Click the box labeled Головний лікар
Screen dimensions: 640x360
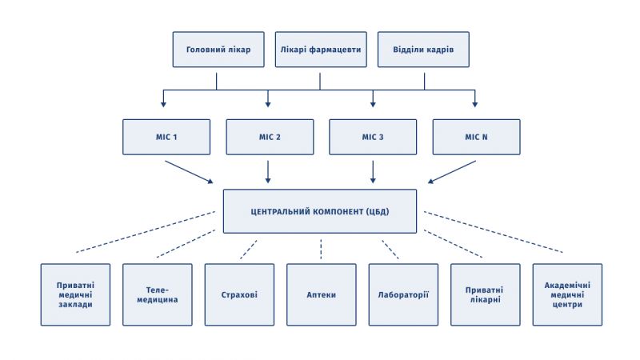tap(218, 50)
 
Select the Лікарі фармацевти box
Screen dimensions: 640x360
tap(321, 50)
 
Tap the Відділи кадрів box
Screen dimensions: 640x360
tap(423, 50)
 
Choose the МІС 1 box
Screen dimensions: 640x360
tap(166, 137)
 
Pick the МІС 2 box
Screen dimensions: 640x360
tap(270, 137)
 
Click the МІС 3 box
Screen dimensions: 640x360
tap(373, 137)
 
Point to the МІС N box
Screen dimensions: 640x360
tap(476, 137)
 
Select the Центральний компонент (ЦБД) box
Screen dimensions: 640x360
tap(320, 211)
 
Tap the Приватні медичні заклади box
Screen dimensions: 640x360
tap(75, 294)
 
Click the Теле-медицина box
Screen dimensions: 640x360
tap(158, 294)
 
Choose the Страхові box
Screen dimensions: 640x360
tap(239, 294)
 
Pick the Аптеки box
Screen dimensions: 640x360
tap(322, 294)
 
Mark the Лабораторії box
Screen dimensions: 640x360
tap(403, 294)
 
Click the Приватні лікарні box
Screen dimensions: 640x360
tap(486, 294)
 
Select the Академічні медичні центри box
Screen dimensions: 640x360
tap(567, 294)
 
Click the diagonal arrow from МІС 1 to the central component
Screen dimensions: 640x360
tap(189, 172)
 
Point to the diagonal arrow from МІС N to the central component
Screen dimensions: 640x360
tap(452, 172)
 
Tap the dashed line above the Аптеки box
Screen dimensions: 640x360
tap(321, 249)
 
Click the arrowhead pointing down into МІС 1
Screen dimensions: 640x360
tap(163, 105)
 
